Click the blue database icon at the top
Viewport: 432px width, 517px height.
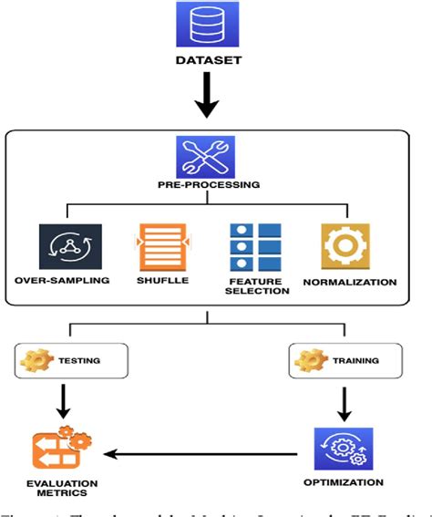[x=207, y=25]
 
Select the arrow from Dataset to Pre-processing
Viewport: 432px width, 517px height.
[x=208, y=97]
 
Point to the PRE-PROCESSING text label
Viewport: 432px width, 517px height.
[x=208, y=185]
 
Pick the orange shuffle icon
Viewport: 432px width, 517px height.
[x=161, y=245]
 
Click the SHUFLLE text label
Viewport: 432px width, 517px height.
[x=161, y=282]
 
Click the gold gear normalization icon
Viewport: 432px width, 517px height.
[x=345, y=245]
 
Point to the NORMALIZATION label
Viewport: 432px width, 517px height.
[x=350, y=282]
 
